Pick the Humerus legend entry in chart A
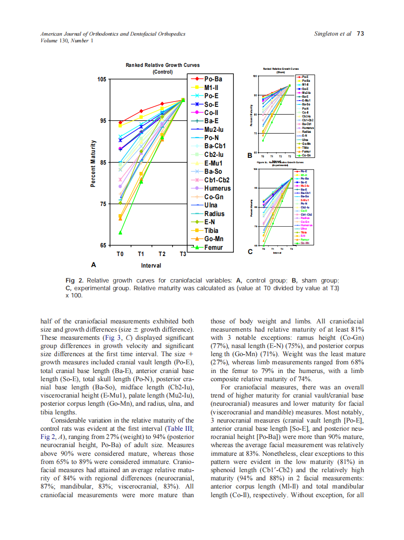point(217,188)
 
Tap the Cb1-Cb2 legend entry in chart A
point(217,180)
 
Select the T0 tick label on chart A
point(121,254)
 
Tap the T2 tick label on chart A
point(162,254)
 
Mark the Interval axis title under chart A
point(151,266)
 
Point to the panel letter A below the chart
point(93,265)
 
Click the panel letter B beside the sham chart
point(250,156)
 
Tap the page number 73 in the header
point(360,34)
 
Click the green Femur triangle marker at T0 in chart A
point(121,232)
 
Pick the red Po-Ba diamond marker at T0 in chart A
point(121,122)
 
